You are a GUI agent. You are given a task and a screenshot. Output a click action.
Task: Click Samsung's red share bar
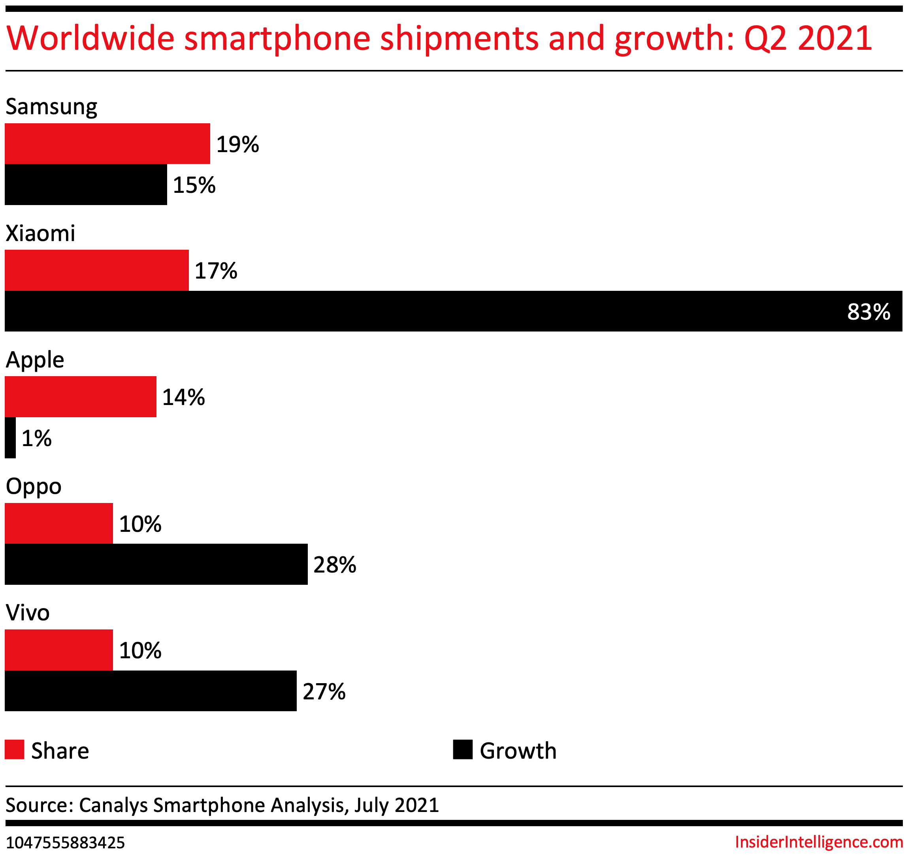coord(107,143)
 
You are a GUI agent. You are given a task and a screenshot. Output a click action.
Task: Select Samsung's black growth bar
coord(86,185)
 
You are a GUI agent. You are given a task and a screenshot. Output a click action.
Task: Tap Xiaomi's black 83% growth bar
coord(453,311)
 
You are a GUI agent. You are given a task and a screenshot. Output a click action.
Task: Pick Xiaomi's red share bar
coord(97,270)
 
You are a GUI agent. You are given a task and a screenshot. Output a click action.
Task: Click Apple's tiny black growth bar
coord(10,438)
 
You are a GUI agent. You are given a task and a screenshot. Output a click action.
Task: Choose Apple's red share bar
coord(81,397)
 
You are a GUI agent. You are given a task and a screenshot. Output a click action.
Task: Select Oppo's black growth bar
coord(156,564)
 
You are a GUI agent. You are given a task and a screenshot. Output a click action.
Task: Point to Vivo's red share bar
coord(58,650)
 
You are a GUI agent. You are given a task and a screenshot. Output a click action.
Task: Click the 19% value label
coord(237,144)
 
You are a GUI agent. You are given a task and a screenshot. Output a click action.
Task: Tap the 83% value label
coord(868,312)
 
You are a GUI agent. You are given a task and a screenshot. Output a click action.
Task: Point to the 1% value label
coord(37,438)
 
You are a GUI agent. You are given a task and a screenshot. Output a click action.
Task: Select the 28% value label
coord(335,565)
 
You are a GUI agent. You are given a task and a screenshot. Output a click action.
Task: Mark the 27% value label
coord(324,691)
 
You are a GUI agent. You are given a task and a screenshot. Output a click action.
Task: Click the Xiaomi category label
coord(40,233)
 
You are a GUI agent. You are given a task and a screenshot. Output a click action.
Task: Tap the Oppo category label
coord(34,486)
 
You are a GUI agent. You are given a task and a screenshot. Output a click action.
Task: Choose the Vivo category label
coord(28,613)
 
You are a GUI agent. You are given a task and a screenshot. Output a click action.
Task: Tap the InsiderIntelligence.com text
coord(819,842)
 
